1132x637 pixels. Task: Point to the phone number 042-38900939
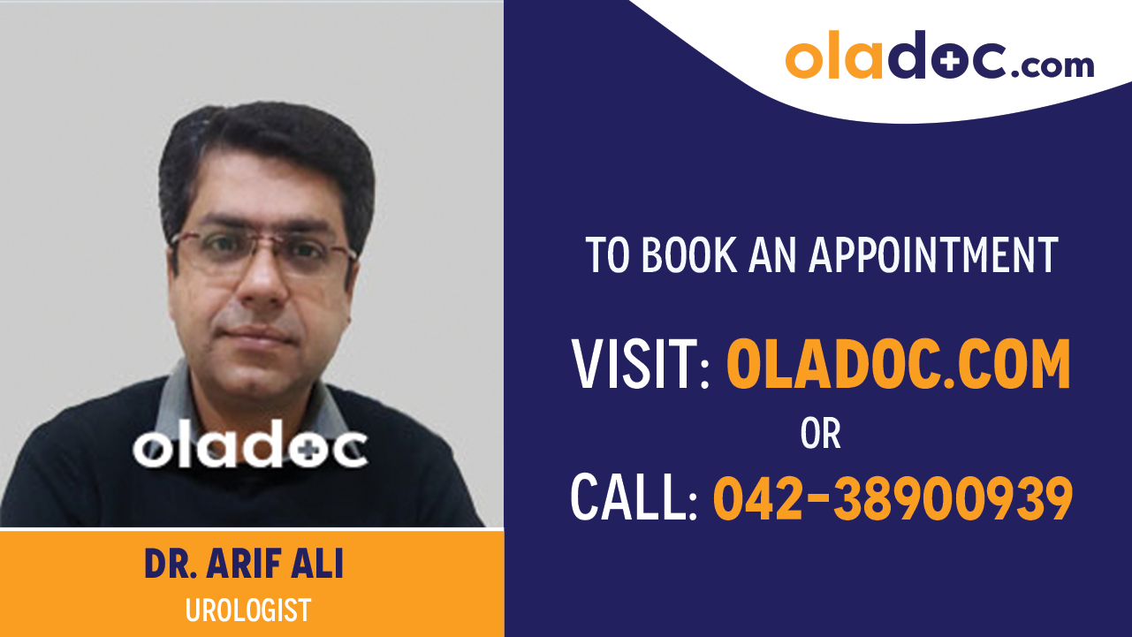(893, 497)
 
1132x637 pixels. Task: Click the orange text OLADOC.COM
(898, 365)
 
